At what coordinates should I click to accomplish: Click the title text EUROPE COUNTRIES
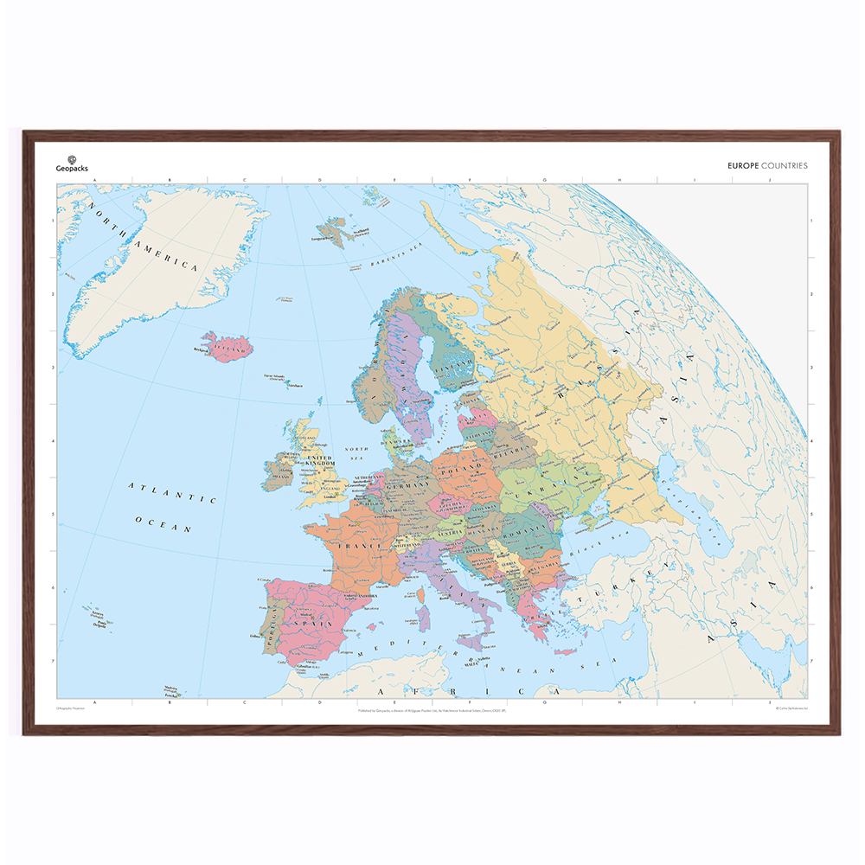coord(768,165)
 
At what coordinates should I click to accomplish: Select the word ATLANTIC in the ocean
coord(172,493)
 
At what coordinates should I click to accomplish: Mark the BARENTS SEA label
coord(401,253)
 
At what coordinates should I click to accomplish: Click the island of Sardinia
coord(424,618)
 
